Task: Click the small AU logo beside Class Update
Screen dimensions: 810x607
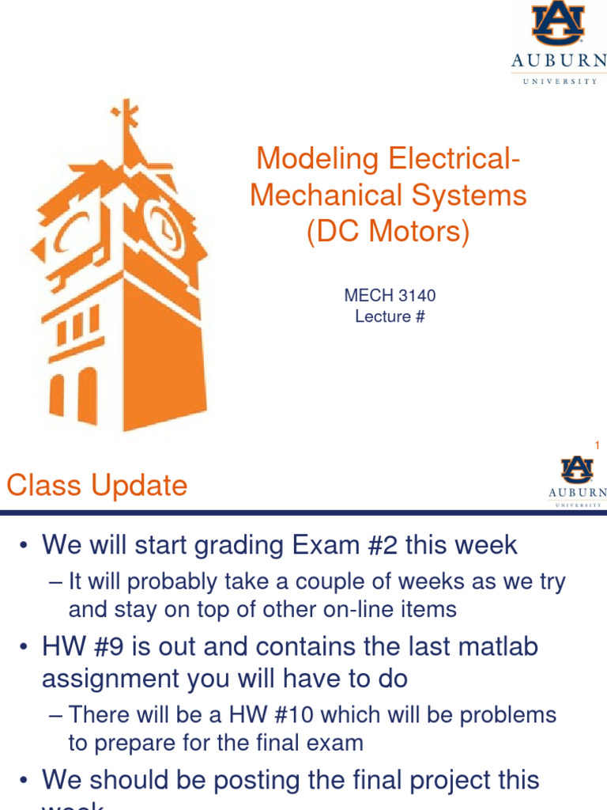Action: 577,470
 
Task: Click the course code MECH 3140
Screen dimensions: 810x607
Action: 390,296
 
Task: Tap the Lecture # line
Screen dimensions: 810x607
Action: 390,316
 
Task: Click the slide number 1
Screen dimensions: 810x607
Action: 598,446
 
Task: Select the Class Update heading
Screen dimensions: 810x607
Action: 97,485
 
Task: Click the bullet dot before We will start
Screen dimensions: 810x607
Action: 25,546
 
